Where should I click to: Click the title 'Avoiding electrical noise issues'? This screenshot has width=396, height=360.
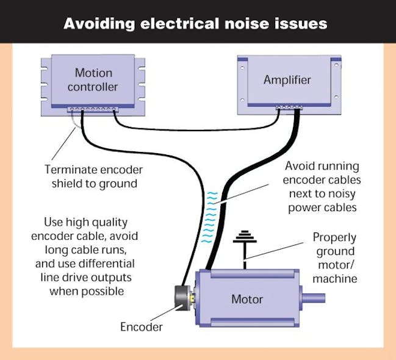[x=195, y=24]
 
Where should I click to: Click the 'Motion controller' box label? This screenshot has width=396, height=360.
[x=93, y=80]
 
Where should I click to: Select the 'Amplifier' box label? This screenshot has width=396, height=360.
[x=287, y=80]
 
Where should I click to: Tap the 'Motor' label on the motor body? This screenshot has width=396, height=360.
[x=247, y=299]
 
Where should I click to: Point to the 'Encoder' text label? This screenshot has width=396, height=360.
[x=142, y=327]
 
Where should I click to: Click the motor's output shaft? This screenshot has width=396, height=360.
[x=312, y=298]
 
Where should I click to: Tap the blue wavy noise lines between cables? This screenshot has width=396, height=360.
[x=211, y=214]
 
